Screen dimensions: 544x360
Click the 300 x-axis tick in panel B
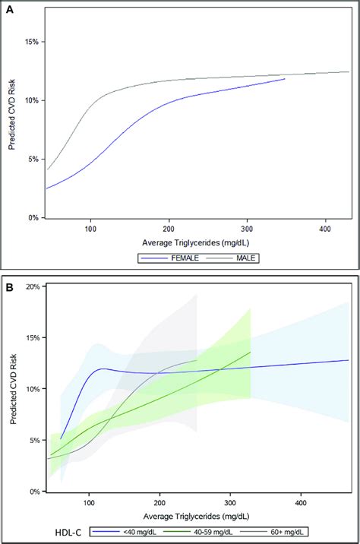tap(230, 502)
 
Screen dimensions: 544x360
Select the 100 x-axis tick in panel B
tap(90, 502)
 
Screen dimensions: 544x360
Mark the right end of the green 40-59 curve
tap(250, 352)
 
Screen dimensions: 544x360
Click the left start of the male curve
tap(48, 169)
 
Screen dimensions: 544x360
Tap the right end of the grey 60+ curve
tap(197, 360)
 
